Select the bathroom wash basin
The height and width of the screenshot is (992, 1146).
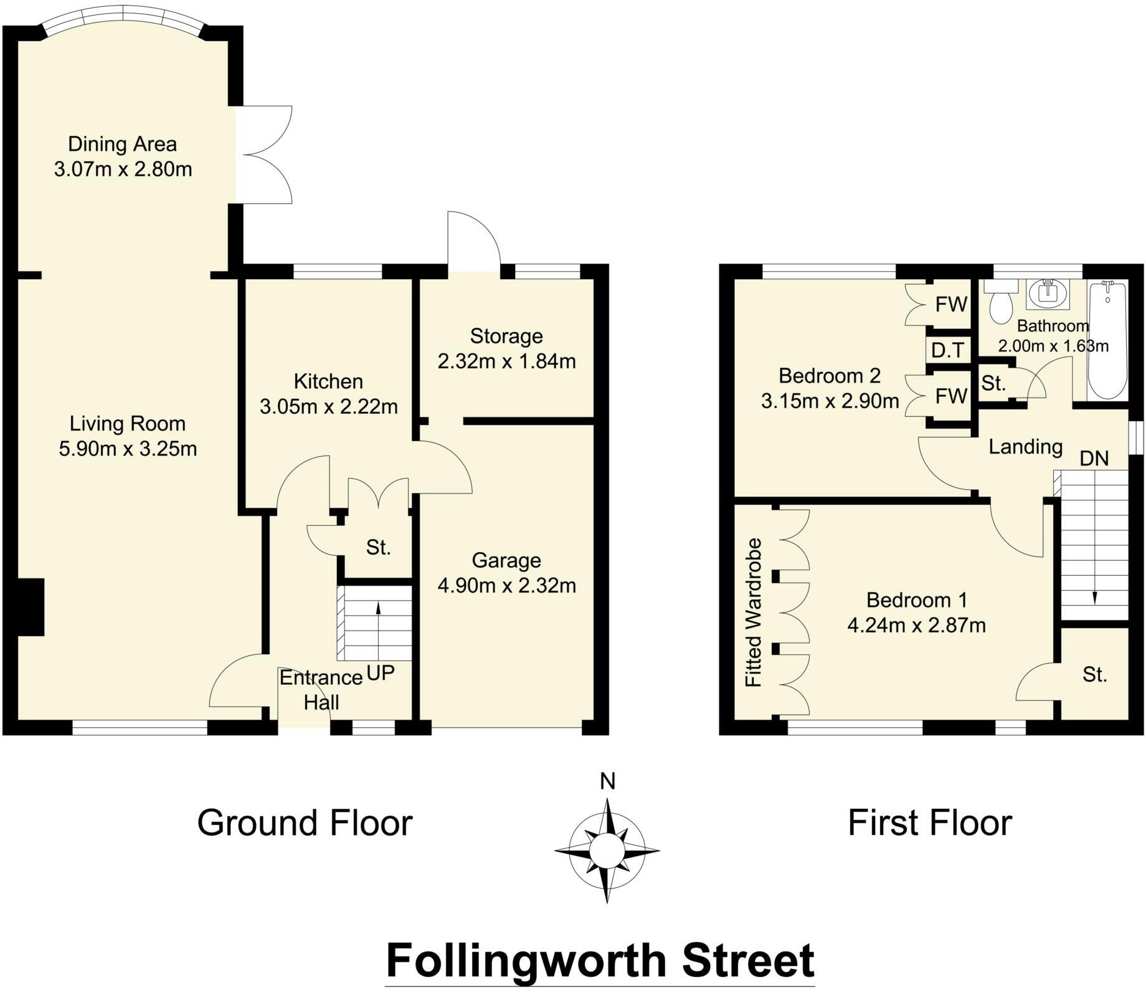pos(1048,293)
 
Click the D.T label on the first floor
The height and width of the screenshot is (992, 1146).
pos(948,351)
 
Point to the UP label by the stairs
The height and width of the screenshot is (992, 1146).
pos(381,673)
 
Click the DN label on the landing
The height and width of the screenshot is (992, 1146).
pos(1094,459)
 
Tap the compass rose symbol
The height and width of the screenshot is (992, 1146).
pos(607,850)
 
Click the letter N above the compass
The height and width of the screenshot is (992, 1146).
pos(607,781)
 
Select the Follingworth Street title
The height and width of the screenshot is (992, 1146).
pos(600,960)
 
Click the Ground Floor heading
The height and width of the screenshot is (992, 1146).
pos(305,823)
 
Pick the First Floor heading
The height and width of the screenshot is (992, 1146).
pos(929,823)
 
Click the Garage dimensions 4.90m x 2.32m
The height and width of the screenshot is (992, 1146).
pos(506,586)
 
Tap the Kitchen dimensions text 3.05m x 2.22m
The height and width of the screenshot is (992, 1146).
pos(328,407)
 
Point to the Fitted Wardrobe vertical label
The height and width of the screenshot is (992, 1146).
pos(754,613)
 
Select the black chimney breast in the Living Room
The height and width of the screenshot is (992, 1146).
pos(30,607)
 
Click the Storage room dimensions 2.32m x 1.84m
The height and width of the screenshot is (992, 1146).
pos(506,361)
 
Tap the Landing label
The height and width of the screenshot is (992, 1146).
pos(1025,447)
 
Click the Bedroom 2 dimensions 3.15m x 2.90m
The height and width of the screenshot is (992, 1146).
pos(830,401)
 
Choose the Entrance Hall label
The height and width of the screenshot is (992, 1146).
pos(321,690)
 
